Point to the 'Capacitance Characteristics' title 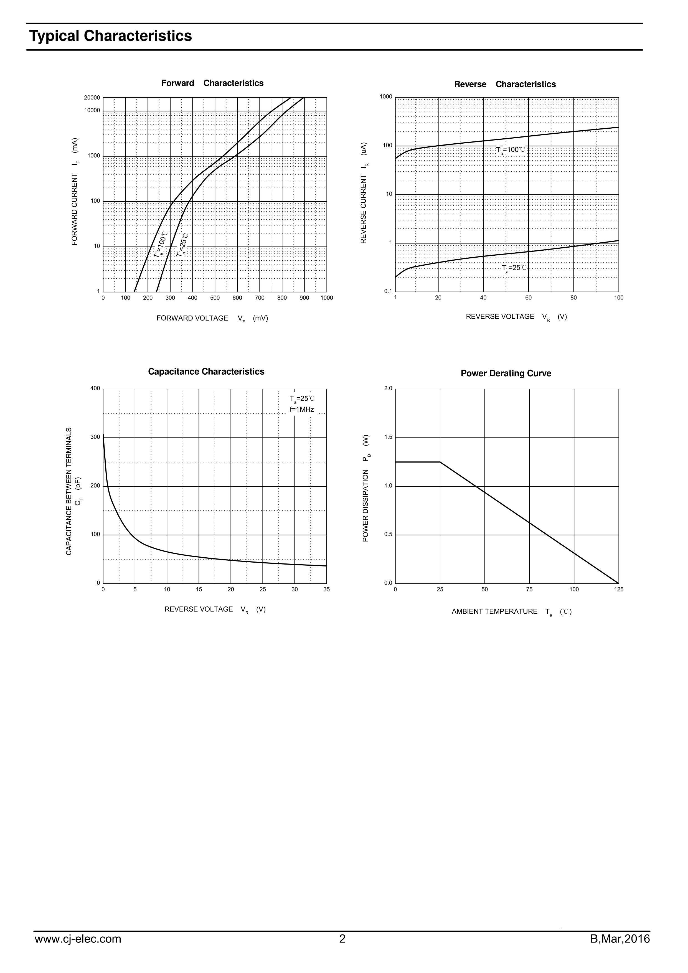tap(206, 372)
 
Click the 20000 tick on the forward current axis tap(92, 98)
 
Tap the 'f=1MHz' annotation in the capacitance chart tap(302, 409)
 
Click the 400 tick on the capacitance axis tap(95, 388)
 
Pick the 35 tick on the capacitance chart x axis tap(326, 590)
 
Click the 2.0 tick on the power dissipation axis tap(388, 388)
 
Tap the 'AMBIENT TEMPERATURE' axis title tap(494, 611)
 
